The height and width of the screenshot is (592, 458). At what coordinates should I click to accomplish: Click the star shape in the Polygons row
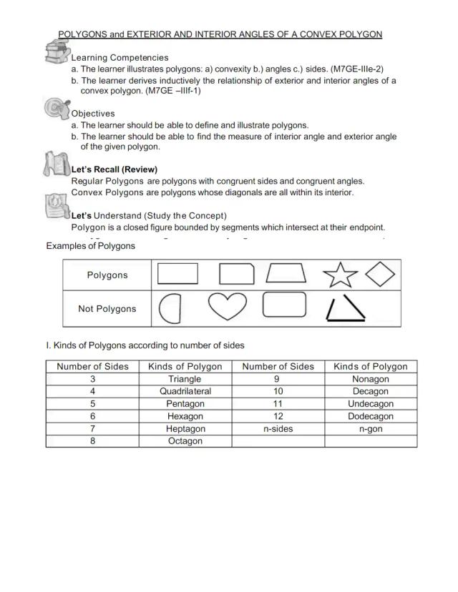(x=340, y=275)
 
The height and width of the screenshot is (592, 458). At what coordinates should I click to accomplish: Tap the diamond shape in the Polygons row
(x=380, y=274)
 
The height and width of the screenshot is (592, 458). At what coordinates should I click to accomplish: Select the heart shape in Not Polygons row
(x=227, y=307)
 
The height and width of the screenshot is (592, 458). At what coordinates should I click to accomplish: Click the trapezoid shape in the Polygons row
(x=286, y=274)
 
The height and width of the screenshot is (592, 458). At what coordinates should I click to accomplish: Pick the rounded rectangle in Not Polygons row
(x=284, y=305)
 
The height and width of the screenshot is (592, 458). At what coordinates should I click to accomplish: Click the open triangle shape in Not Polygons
(x=345, y=309)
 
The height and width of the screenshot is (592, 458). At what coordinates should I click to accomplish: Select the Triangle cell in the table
(x=185, y=379)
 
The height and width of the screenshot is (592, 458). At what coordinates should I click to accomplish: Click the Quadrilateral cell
(x=185, y=391)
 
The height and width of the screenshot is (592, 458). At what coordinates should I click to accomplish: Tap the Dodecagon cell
(x=371, y=416)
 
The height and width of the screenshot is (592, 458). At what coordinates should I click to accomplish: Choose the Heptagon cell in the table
(x=185, y=428)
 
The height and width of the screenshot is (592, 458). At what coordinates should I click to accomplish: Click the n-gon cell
(x=371, y=428)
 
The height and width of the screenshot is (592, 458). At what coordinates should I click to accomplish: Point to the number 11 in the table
(x=278, y=404)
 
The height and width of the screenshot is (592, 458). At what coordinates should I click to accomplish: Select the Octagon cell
(x=185, y=441)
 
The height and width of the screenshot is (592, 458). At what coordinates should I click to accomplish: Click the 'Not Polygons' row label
(x=107, y=309)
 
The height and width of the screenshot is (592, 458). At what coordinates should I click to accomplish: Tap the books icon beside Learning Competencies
(x=57, y=52)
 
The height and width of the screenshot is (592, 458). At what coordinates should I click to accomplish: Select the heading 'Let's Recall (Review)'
(x=114, y=169)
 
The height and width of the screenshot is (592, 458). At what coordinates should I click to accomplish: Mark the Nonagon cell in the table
(x=371, y=379)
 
